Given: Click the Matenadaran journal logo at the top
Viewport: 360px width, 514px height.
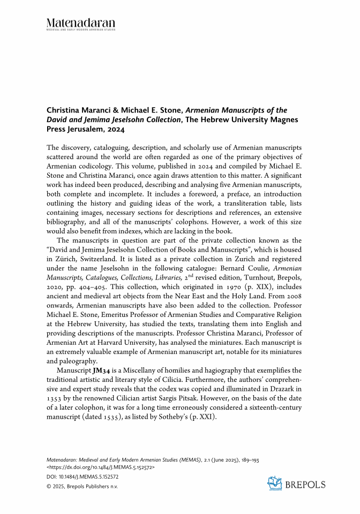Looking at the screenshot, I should (x=80, y=24).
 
